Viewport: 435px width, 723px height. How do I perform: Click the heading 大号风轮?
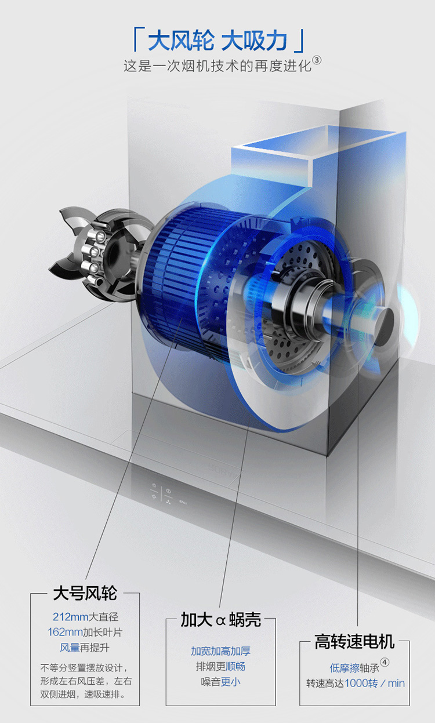coord(85,593)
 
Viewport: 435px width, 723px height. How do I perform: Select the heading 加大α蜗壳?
coord(220,619)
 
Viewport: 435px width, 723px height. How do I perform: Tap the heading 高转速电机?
coord(354,641)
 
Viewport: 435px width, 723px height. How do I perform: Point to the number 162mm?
coord(65,632)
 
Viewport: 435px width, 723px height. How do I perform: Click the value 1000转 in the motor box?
coord(361,684)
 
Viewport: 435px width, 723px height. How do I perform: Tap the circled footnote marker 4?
coord(385,662)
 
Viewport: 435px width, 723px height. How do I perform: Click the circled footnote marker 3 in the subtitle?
coord(317,60)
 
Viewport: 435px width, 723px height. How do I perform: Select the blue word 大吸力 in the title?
coord(254,41)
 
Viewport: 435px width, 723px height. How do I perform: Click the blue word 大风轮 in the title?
coord(181,41)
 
